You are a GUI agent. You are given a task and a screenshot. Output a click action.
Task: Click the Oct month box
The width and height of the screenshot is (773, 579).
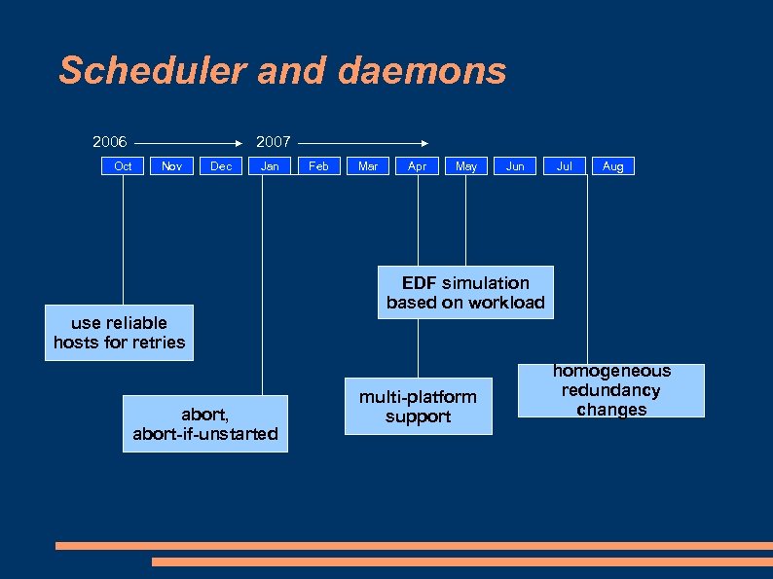(x=123, y=166)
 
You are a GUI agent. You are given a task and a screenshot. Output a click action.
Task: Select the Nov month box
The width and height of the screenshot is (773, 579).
(x=171, y=166)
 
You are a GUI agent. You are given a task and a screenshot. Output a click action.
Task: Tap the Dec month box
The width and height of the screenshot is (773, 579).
(x=221, y=166)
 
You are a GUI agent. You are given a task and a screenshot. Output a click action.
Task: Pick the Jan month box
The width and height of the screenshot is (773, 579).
(x=270, y=166)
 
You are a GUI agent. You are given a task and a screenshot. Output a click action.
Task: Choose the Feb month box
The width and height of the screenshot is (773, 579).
(x=318, y=166)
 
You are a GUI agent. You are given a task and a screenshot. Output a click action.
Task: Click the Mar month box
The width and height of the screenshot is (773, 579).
(x=368, y=166)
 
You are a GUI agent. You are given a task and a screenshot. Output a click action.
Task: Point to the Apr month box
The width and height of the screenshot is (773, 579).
(x=417, y=166)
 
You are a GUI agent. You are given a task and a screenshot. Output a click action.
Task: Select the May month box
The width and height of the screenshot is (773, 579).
(x=466, y=166)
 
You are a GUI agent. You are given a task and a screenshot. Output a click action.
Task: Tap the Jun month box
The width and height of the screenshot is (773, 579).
(x=515, y=166)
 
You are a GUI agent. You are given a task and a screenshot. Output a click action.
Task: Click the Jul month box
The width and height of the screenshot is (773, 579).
(x=564, y=166)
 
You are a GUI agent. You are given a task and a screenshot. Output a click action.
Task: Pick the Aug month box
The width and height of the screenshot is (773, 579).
(x=612, y=166)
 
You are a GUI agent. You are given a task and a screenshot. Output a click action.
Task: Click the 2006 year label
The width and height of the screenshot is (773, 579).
(x=110, y=142)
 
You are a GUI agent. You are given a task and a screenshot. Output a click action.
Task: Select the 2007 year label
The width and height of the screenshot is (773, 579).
(x=273, y=142)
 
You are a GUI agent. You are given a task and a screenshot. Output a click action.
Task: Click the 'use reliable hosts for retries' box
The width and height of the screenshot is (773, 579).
(x=119, y=333)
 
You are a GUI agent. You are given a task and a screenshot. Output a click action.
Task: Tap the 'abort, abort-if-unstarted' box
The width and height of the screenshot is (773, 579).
(x=205, y=423)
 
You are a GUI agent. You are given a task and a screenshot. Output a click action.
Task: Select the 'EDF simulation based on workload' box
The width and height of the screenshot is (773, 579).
(x=465, y=293)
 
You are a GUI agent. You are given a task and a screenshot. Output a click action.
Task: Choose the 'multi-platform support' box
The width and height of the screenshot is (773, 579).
(x=418, y=407)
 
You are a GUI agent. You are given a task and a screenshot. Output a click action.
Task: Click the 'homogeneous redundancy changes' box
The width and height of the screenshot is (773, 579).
(x=611, y=390)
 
